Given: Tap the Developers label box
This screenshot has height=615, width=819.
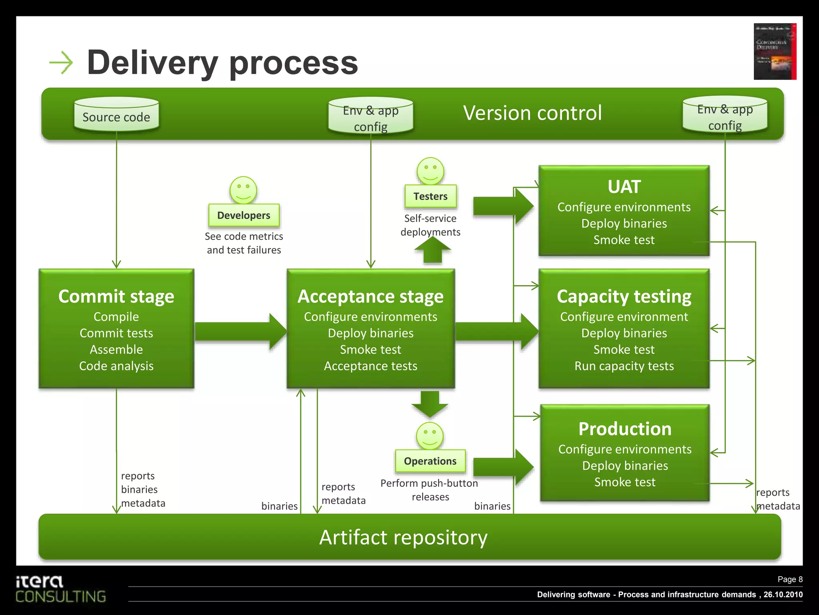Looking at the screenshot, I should click(x=244, y=215).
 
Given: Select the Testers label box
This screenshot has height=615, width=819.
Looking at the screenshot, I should click(x=430, y=196).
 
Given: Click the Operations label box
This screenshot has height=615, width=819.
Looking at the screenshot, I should click(x=430, y=461).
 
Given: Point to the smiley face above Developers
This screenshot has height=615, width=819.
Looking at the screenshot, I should click(x=243, y=190).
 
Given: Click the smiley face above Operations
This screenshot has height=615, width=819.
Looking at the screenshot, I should click(x=430, y=436).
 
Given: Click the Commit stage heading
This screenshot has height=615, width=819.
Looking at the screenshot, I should click(x=116, y=296).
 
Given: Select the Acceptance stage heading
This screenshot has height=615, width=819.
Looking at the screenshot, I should click(x=370, y=296).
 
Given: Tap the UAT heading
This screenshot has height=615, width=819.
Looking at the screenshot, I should click(x=624, y=187).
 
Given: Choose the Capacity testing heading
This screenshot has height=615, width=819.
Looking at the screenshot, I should click(x=624, y=296).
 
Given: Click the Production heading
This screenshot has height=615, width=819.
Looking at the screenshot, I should click(x=625, y=429).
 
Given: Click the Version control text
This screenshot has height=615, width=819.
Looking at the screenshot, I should click(x=532, y=113).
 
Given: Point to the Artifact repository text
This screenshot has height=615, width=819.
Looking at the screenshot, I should click(x=403, y=537).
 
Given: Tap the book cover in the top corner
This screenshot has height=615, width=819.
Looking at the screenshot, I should click(x=775, y=51).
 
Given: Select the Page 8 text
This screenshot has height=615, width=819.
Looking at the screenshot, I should click(x=790, y=579).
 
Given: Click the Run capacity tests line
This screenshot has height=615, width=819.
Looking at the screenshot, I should click(x=624, y=366).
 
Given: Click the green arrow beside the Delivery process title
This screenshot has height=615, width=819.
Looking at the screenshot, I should click(x=61, y=62).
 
